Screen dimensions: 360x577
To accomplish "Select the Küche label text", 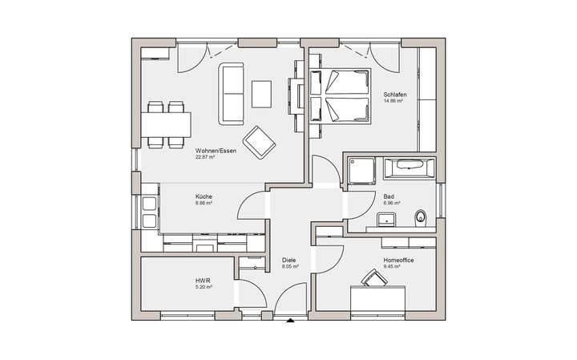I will click(204, 196).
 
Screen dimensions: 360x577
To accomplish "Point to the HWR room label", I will click(201, 280).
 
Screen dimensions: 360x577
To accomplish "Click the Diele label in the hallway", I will click(289, 260).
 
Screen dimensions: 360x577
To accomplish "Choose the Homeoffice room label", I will click(398, 260).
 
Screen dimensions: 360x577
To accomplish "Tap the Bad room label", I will click(389, 196).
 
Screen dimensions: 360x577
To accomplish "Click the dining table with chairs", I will click(168, 124).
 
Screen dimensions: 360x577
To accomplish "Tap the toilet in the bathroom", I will click(421, 216).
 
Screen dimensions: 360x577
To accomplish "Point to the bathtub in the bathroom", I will click(409, 169).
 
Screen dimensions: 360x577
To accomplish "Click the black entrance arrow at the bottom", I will click(289, 322).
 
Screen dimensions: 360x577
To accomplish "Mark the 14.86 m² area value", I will click(393, 102).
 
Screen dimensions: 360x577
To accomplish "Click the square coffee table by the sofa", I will click(263, 93).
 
